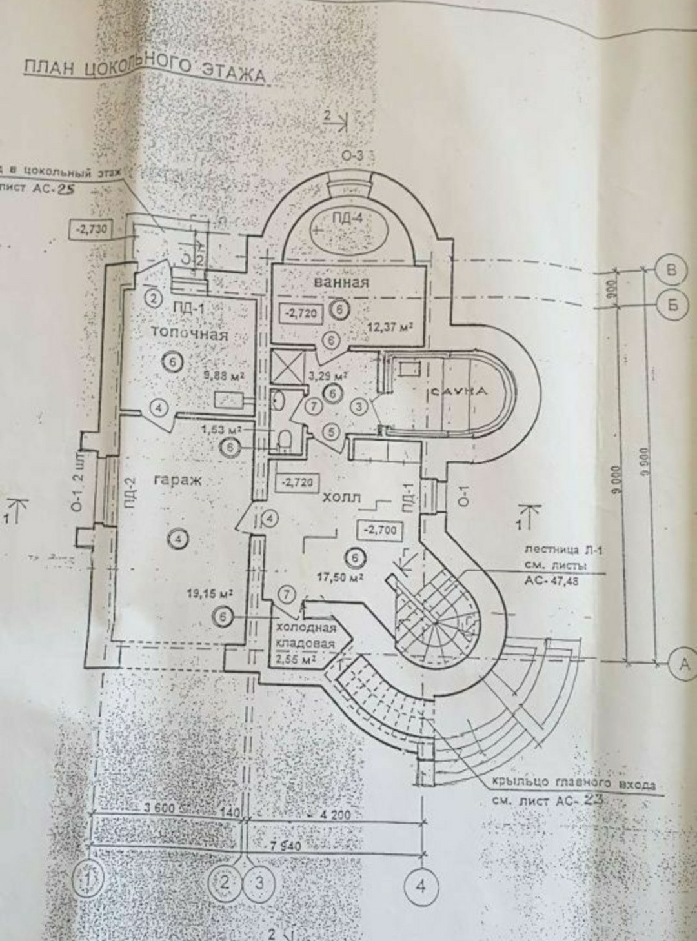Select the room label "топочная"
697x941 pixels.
point(189,335)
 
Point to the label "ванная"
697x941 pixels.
point(341,282)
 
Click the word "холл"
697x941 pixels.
point(341,497)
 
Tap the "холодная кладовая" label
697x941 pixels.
point(305,636)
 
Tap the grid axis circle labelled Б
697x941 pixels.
point(672,304)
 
